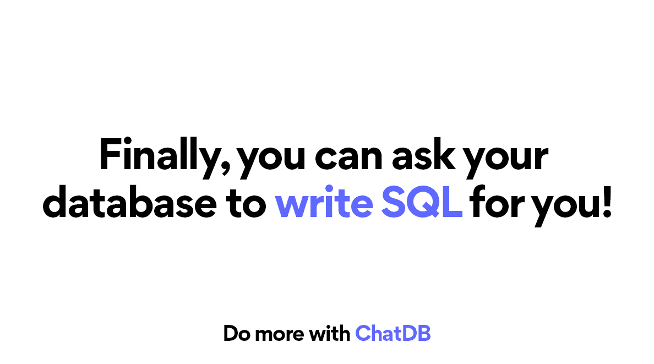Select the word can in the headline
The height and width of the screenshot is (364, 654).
click(x=351, y=157)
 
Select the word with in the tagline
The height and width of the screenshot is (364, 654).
click(x=329, y=333)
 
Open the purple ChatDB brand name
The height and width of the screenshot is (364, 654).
click(x=393, y=333)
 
